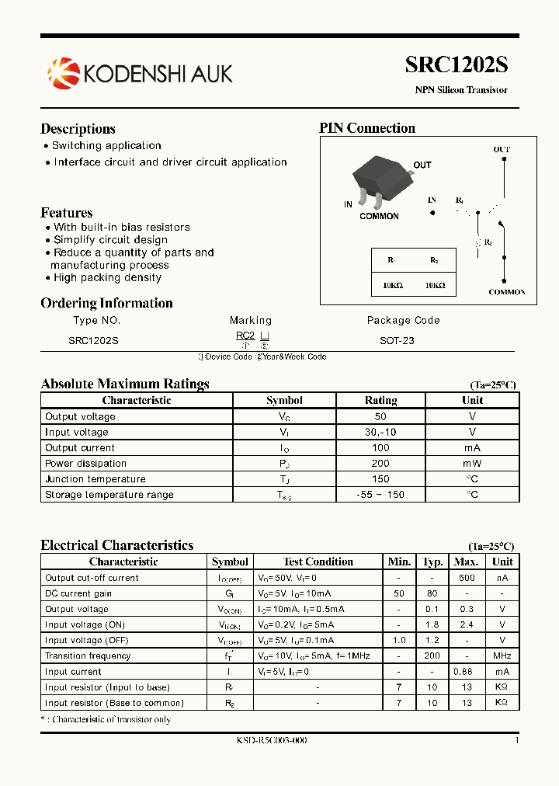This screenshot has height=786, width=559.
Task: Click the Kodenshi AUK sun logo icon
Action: coord(64,73)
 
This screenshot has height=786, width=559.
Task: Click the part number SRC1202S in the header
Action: coord(456,65)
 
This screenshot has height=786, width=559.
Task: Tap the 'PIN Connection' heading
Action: coord(367,128)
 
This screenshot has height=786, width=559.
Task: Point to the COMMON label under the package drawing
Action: coord(379,217)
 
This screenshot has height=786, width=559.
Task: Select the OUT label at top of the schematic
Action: coord(502,149)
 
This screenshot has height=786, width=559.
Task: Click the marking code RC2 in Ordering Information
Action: coord(245,336)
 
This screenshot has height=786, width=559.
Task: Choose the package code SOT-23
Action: coord(397,340)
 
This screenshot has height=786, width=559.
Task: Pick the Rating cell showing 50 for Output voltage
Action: coord(380,417)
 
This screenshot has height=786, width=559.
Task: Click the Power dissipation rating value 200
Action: coord(380,464)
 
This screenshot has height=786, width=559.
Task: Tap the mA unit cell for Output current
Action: coord(472,448)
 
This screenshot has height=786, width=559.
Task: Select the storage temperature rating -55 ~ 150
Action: coord(380,495)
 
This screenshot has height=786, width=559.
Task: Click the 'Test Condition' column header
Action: coord(318,562)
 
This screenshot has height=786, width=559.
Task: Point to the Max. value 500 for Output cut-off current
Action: coord(466,578)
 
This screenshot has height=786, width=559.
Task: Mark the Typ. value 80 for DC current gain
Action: coord(432,593)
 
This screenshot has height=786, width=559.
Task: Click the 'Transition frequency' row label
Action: coord(88,656)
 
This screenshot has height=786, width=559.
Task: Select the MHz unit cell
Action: coord(502,656)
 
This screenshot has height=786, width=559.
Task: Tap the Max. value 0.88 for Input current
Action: coord(466,672)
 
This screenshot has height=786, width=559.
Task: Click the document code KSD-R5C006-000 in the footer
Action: coord(272,740)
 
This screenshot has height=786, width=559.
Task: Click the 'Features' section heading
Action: coord(66,213)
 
